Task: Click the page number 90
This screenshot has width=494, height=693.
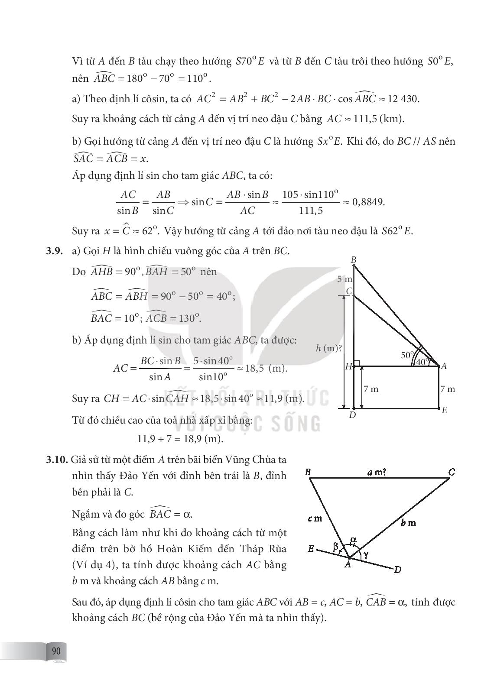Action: point(56,651)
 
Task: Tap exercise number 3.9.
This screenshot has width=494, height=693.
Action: point(55,251)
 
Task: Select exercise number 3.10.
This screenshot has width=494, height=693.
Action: point(57,459)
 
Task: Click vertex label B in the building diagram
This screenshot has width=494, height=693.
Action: point(354,260)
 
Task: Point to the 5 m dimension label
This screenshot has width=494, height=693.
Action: point(344,279)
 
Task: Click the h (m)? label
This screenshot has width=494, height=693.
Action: point(329,348)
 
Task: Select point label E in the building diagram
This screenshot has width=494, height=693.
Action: point(444,410)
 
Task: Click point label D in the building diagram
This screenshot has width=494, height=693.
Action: point(352,415)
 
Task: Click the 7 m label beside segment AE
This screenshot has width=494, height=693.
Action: point(448,389)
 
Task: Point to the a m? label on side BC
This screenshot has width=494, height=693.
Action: point(377,472)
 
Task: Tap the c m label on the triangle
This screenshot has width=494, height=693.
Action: point(315,518)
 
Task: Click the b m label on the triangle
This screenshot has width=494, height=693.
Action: point(408,523)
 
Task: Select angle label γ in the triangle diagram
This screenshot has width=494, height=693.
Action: point(367,553)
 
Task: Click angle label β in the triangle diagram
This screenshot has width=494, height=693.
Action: point(336,547)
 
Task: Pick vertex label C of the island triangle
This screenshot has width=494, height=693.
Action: point(452,472)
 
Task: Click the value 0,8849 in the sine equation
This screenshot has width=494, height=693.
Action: point(368,202)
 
